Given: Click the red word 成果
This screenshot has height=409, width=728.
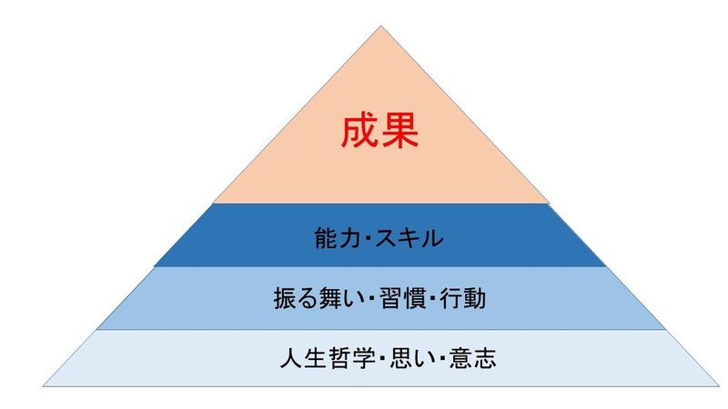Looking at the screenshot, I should (x=380, y=133).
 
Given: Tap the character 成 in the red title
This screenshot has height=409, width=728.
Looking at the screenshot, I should (x=360, y=133).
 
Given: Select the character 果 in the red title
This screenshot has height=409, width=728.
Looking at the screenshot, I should (x=400, y=133).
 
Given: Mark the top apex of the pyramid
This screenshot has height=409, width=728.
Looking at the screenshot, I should (x=380, y=27).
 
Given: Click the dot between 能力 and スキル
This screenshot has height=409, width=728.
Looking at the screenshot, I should (x=368, y=240).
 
